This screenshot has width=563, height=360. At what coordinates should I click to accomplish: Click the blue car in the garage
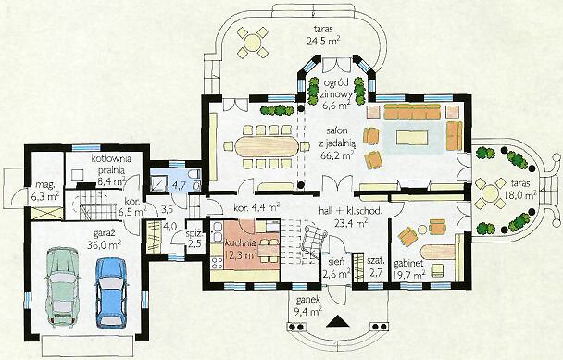point(111,292)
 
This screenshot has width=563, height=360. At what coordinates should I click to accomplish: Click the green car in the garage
point(62,286)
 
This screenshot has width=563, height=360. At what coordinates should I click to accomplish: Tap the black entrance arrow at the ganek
point(338,321)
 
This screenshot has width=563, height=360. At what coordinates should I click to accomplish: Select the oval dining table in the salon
point(267,146)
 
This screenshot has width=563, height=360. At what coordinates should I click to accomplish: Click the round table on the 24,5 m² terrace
point(253,42)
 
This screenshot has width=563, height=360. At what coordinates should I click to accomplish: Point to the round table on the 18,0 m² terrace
point(489,193)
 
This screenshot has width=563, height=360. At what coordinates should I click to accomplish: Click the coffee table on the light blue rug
point(412,138)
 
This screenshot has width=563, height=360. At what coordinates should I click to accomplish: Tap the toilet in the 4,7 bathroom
point(195,180)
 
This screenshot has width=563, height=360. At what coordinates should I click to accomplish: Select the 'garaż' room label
point(104,233)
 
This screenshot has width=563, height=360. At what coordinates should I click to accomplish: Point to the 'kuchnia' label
point(241,242)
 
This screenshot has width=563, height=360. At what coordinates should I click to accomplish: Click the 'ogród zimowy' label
point(336,88)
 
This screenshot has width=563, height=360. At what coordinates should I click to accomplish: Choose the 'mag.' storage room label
point(44,185)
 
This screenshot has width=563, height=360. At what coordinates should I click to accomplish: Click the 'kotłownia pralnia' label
point(111,163)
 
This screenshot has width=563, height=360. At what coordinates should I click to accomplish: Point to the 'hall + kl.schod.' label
point(350,211)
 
